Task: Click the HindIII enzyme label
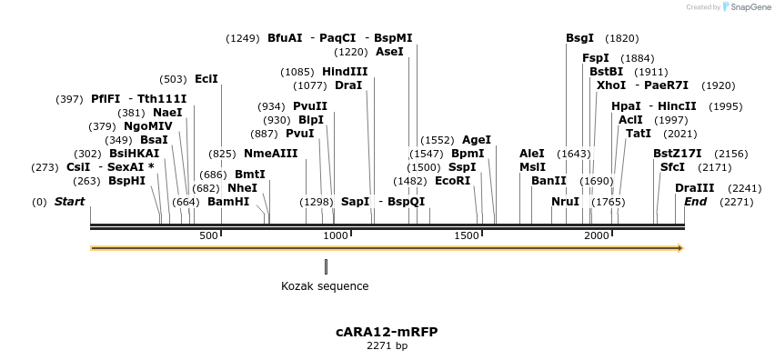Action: (345, 72)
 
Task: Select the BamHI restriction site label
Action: (228, 202)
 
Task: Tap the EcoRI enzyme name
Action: (452, 181)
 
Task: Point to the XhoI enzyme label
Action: (611, 85)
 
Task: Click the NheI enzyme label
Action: (242, 188)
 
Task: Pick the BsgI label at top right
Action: (579, 38)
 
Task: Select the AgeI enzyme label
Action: (477, 140)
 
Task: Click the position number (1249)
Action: (243, 38)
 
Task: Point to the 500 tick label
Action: (208, 235)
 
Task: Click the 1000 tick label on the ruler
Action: (336, 235)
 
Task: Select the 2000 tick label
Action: (596, 235)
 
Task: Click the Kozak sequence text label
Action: (325, 286)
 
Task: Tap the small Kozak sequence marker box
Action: (326, 266)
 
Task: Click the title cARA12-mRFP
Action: (387, 332)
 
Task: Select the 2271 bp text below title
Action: (387, 345)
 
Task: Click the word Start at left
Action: (69, 202)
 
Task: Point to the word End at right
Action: (695, 202)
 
